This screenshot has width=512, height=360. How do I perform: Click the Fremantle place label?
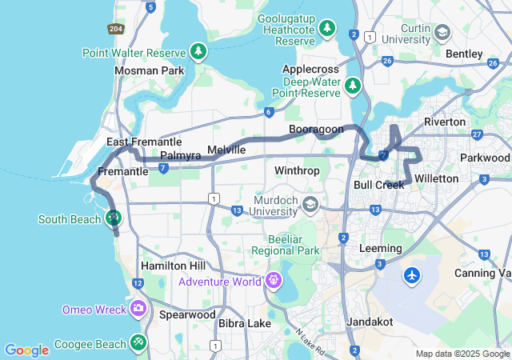[x=122, y=171]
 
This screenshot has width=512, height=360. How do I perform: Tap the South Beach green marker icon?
[x=113, y=218]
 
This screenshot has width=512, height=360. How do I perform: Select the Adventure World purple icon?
[x=274, y=281]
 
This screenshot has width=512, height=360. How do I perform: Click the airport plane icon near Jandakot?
[x=412, y=275]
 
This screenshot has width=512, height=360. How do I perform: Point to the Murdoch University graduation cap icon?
[x=309, y=206]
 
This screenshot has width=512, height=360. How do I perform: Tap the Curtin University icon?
[x=442, y=32]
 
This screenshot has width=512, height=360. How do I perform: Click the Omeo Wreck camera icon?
[x=138, y=308]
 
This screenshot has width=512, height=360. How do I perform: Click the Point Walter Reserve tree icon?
[x=198, y=52]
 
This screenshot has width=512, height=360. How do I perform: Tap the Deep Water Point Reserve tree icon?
[x=352, y=85]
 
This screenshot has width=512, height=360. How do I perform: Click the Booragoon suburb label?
[x=316, y=129]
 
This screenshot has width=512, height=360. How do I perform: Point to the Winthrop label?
[x=297, y=171]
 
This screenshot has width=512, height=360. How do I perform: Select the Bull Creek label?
[x=378, y=185]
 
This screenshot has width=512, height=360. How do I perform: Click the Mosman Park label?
[x=149, y=70]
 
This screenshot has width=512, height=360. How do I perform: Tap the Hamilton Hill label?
[x=173, y=266]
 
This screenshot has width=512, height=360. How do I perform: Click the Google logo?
[x=26, y=350]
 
